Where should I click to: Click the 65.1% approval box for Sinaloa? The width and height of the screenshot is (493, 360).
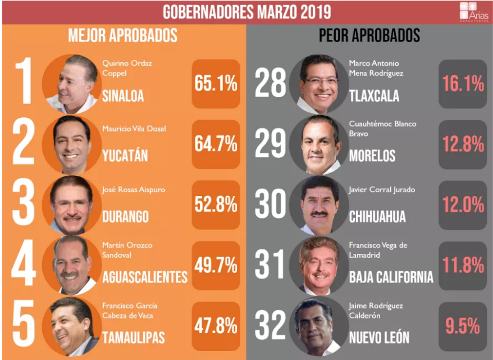216,84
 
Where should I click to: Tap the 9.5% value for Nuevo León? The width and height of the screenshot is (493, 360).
463,325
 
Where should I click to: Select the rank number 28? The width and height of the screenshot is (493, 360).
271,84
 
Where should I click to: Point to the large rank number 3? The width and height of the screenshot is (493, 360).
24,204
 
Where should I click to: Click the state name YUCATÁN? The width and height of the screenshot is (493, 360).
125,156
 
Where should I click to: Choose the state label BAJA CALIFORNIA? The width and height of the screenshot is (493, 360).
391,277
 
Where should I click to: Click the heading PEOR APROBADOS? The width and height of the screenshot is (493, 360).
369,36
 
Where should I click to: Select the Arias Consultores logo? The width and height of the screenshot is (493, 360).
473,12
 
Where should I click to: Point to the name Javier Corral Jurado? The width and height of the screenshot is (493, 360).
382,190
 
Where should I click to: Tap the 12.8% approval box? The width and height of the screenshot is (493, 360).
463,144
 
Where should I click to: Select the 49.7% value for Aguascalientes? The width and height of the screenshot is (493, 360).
216,266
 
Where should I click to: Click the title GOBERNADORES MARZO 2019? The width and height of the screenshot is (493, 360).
247,12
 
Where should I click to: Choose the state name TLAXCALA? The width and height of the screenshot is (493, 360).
374,95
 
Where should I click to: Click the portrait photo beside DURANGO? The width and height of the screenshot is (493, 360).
71,206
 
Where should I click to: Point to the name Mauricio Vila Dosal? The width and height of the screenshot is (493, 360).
134,129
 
